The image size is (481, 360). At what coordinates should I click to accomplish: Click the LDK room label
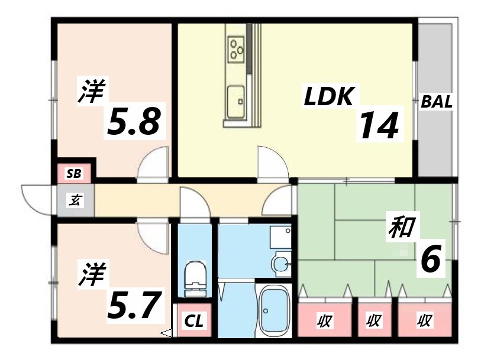(329, 96)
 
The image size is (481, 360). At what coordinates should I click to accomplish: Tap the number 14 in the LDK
(379, 125)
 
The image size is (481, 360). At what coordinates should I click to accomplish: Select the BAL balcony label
(437, 102)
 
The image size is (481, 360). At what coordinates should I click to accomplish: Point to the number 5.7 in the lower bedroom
(134, 304)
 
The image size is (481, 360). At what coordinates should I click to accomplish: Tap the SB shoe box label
(74, 173)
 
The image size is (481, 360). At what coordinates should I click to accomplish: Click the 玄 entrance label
(75, 200)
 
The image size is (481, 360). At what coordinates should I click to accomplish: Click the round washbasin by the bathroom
(281, 261)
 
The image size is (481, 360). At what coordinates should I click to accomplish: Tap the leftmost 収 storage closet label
(324, 322)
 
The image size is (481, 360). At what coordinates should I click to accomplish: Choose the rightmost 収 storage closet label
(424, 322)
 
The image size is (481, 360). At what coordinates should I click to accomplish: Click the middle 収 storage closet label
(373, 322)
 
